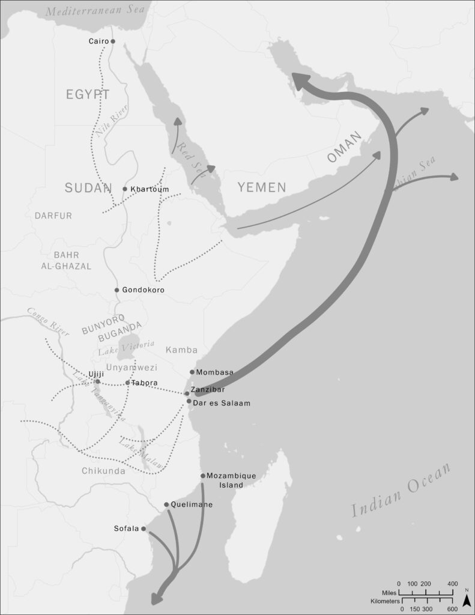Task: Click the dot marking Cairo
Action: point(112,41)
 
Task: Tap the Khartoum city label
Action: point(150,189)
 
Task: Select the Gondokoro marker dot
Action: point(117,290)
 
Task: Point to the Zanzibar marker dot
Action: point(187,393)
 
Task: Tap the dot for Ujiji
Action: point(98,381)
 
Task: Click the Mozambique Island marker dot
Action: point(203,476)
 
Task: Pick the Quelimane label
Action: point(192,504)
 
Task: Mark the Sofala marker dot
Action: point(144,529)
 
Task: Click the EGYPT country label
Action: point(88,94)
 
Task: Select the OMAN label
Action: point(346,148)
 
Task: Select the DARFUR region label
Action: point(53,216)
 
